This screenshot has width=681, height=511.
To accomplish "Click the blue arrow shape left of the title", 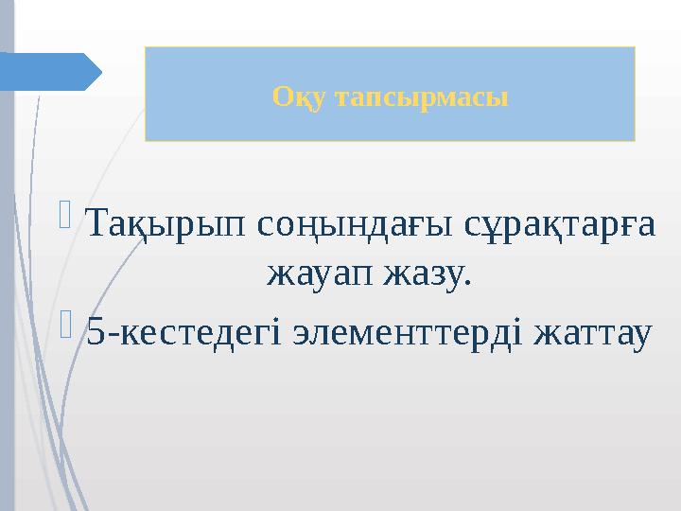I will pyautogui.click(x=47, y=72).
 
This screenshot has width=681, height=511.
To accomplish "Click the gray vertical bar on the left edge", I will pyautogui.click(x=7, y=284).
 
